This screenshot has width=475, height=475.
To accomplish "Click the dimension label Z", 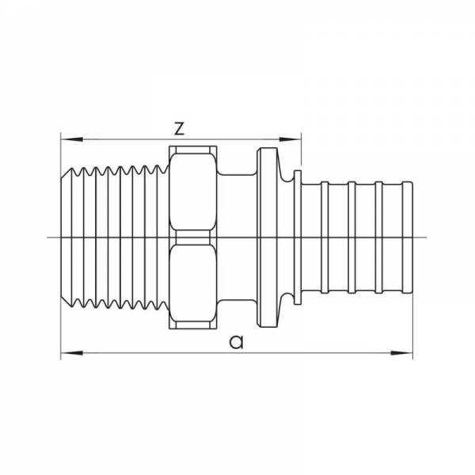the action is pyautogui.click(x=180, y=128).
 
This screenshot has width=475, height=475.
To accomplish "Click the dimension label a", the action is pyautogui.click(x=236, y=342).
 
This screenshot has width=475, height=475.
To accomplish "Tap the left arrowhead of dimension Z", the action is pyautogui.click(x=72, y=139).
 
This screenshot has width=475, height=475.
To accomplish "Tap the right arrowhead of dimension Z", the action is pyautogui.click(x=290, y=139).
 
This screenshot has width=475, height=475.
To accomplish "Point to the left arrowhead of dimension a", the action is pyautogui.click(x=72, y=353).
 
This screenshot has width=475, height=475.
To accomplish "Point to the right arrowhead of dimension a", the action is pyautogui.click(x=401, y=353).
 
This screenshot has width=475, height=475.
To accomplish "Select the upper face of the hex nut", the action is pyautogui.click(x=193, y=192).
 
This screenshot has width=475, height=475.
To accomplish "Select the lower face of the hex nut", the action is pyautogui.click(x=193, y=283).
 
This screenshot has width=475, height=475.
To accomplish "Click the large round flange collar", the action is pyautogui.click(x=268, y=237).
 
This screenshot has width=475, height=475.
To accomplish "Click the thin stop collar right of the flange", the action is pyautogui.click(x=298, y=237).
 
